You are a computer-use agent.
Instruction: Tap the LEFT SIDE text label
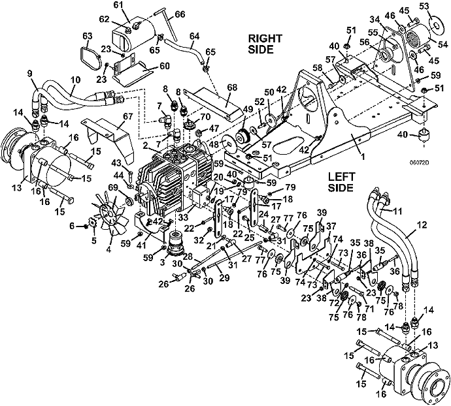coord(341,182)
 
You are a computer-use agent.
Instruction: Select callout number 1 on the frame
coord(363,157)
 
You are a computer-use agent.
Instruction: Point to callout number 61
coord(127,5)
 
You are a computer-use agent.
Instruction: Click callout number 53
coord(433,6)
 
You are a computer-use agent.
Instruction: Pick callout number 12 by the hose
coord(422,225)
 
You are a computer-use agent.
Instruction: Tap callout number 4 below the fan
coord(109,249)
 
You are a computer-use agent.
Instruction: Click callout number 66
coord(180,14)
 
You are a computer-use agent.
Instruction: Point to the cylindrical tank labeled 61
coord(133,37)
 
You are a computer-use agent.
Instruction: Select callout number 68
coord(232,87)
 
